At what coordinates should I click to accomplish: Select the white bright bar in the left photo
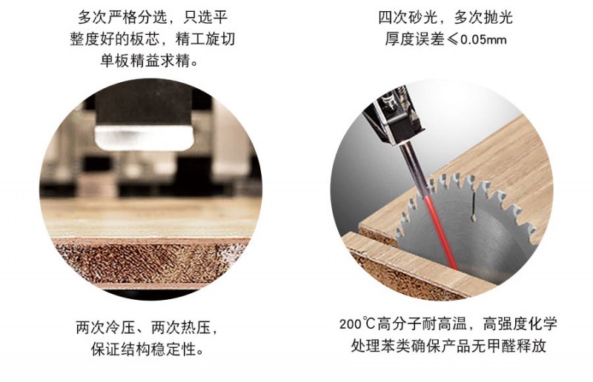pos(144,138)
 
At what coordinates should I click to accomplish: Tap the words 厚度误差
pos(414,39)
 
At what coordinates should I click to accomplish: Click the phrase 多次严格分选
pos(122,17)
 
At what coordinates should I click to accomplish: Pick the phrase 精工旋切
pos(205,39)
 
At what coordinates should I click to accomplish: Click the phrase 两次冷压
pos(105,327)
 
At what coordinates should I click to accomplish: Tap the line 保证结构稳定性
pos(147,349)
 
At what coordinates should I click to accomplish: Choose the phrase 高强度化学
pos(520,324)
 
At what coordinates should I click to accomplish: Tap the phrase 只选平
pos(205,17)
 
